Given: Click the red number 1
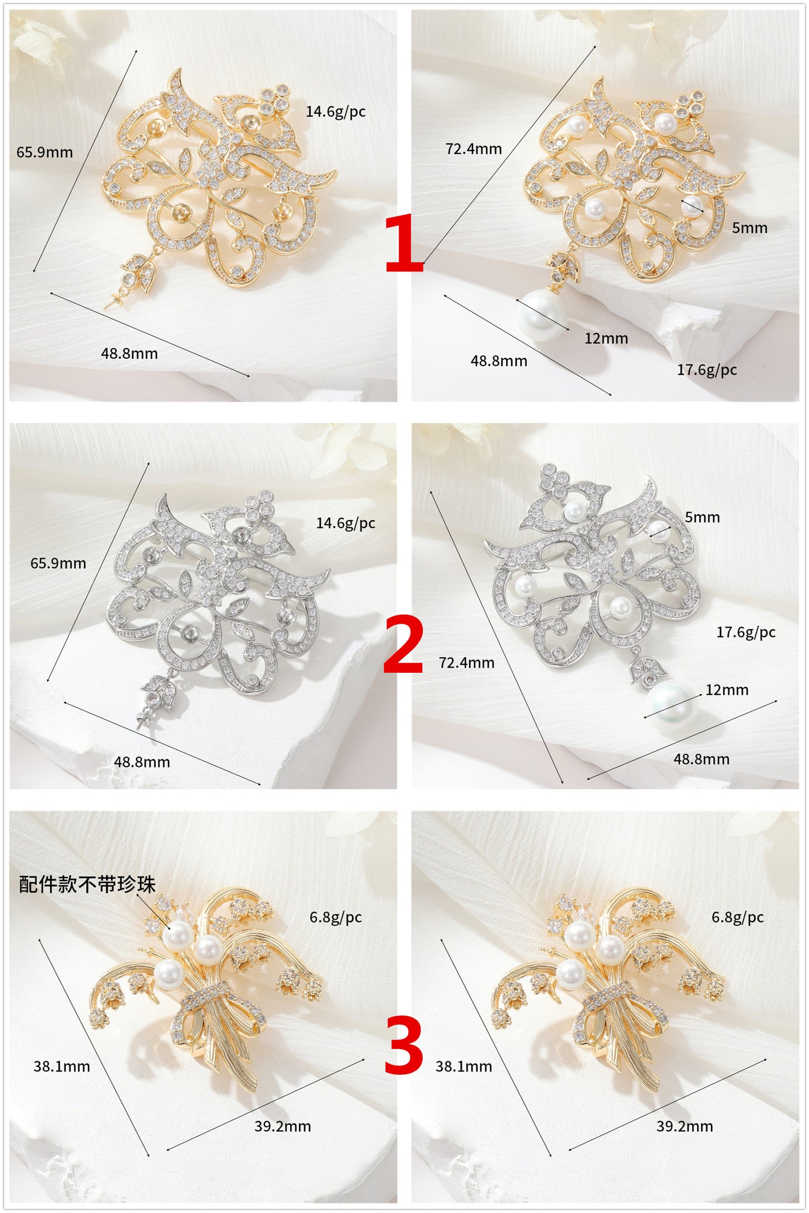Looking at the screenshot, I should coord(404,244).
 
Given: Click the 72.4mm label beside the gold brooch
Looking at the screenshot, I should coord(474,149).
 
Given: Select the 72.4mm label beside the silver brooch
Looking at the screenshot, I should coord(466,663).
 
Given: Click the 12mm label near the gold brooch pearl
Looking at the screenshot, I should coord(606,339).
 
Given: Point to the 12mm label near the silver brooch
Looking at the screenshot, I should coord(727,690).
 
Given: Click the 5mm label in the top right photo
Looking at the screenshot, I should coord(749,228).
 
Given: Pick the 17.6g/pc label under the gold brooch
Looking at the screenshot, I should coord(707,370).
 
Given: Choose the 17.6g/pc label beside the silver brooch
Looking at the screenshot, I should coord(746,633).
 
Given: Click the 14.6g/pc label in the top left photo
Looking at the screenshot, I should coord(335,111).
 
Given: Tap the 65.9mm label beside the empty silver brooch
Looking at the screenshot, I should coord(58,563).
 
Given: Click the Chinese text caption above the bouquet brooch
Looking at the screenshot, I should coord(87,884).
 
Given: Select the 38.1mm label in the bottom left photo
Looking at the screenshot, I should coord(62,1066).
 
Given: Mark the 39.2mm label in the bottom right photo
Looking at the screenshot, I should coord(684,1126).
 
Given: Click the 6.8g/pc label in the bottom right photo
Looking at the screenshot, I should coord(737,917).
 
